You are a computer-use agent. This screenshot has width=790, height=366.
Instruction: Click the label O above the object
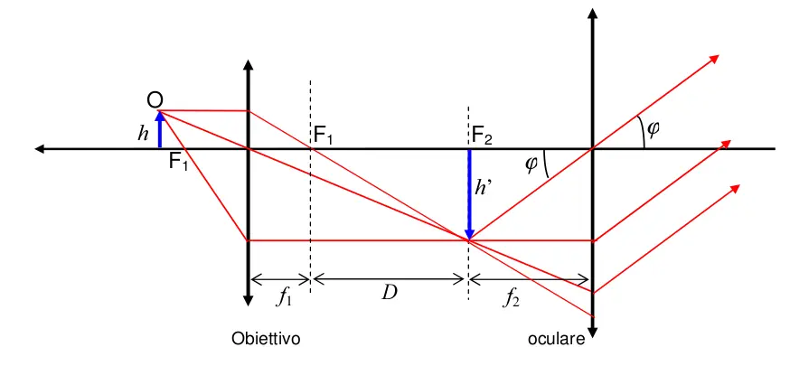(x=155, y=99)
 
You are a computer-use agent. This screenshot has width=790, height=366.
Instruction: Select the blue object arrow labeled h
(x=160, y=128)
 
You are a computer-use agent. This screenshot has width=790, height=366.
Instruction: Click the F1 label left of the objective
(x=178, y=164)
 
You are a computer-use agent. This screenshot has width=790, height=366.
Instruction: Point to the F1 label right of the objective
(x=324, y=136)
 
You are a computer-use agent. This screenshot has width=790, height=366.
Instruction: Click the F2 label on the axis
(x=482, y=136)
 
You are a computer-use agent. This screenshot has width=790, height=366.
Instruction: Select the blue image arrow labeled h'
(x=468, y=194)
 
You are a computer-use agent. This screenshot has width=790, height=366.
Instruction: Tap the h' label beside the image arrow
(x=484, y=188)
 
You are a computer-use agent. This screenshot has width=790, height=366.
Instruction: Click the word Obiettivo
(x=265, y=339)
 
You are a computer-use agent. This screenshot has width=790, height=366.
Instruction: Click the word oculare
(x=557, y=340)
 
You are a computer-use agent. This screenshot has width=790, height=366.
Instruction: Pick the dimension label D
(x=389, y=292)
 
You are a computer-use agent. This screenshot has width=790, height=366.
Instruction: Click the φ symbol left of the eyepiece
(x=531, y=164)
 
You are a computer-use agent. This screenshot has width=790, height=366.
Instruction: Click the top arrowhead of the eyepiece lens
(x=592, y=14)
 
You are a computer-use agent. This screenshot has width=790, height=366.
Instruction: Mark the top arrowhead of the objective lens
(x=248, y=65)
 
